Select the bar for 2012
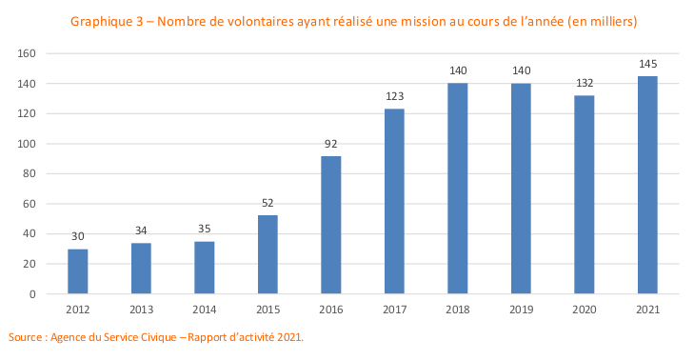click(78, 271)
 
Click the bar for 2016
click(331, 225)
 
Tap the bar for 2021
click(647, 185)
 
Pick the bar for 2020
click(585, 194)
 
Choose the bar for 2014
click(205, 268)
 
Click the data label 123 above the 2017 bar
click(394, 97)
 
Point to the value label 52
click(268, 203)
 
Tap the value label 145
click(647, 64)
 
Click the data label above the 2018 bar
click(457, 71)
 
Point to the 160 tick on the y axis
click(27, 54)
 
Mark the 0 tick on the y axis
click(32, 294)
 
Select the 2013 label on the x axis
click(141, 310)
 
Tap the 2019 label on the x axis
click(521, 310)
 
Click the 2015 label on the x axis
click(268, 310)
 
